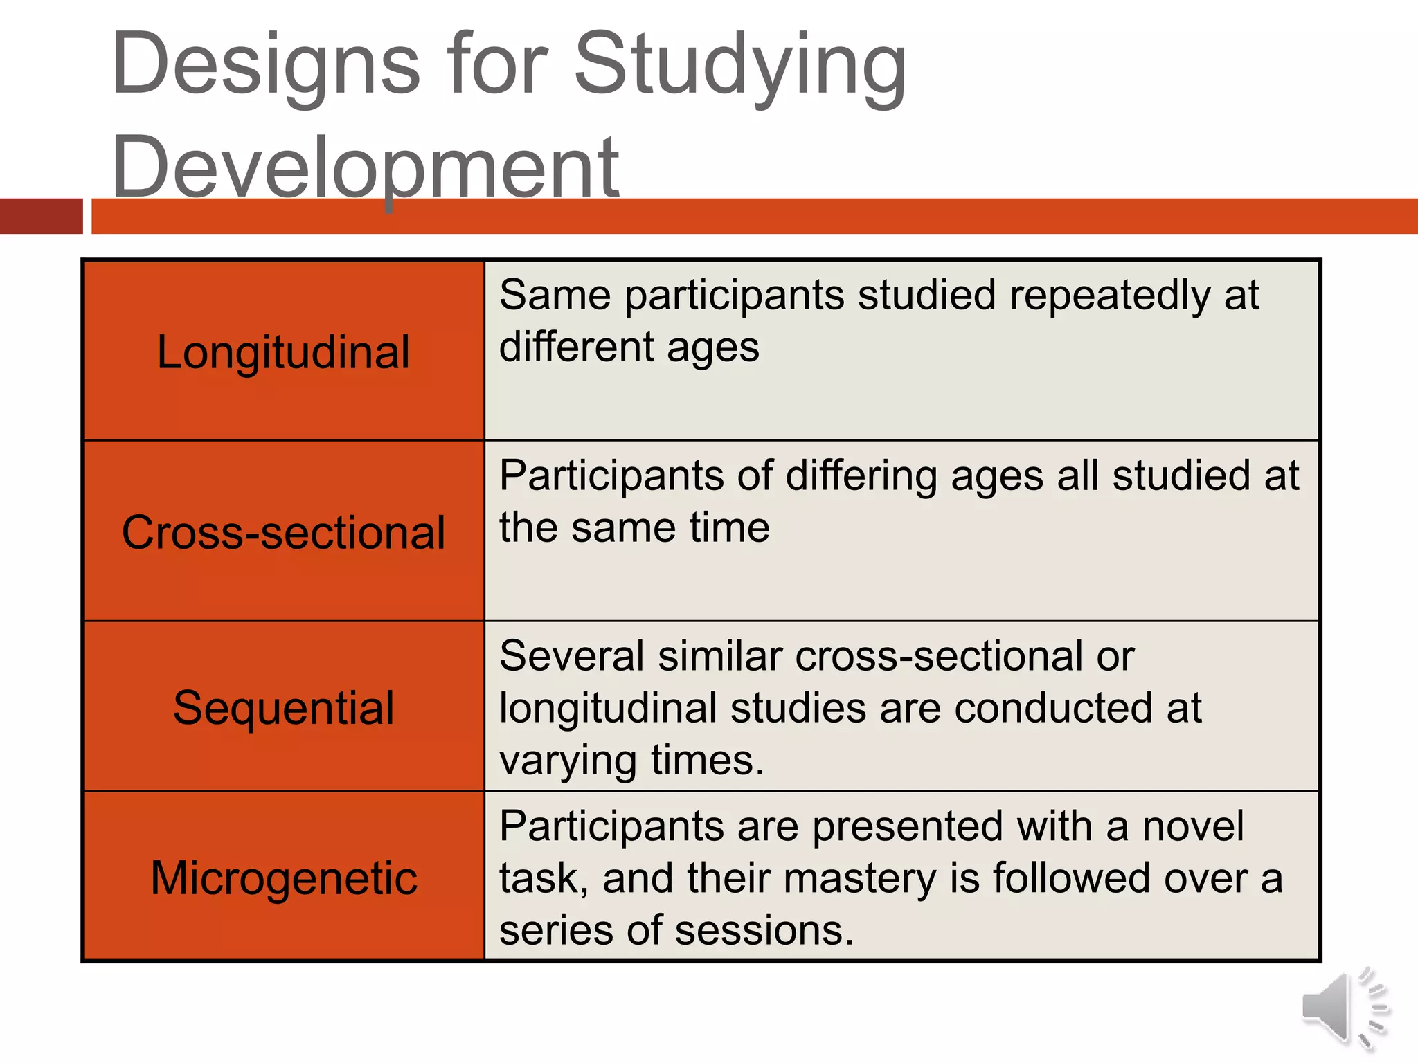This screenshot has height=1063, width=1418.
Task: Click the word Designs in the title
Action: coord(265,66)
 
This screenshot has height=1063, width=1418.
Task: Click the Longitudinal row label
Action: coord(283,352)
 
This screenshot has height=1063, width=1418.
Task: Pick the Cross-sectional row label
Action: coord(283,533)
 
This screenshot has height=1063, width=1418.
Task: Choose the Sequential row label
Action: coord(283,708)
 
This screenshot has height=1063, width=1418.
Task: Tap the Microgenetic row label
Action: coord(283,878)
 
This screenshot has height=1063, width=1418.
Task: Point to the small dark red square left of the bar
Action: coord(41,216)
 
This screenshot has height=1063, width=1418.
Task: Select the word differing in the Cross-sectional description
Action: coord(861,476)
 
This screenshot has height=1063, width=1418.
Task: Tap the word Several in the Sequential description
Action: coord(571,656)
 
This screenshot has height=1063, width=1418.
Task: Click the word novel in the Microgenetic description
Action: coord(1192,826)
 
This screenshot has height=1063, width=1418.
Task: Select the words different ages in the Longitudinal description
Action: coord(629,347)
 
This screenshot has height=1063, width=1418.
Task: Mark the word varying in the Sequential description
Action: coord(568,761)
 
